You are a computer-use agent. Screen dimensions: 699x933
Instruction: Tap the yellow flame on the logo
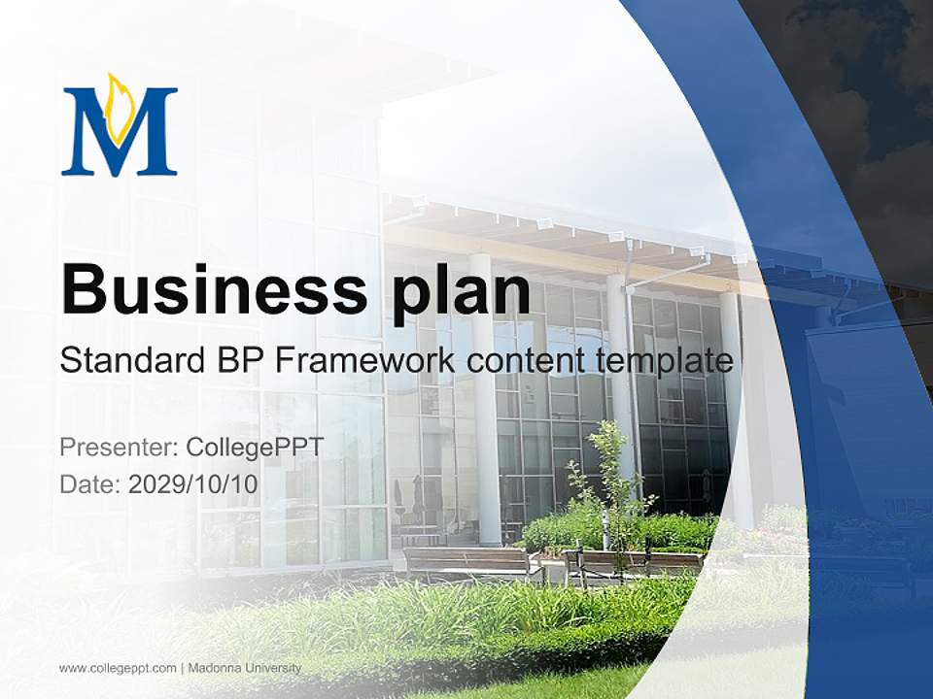coord(121,104)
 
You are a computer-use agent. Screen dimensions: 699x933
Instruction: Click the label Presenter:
coord(118,448)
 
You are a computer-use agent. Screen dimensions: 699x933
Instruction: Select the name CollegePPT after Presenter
coord(254,448)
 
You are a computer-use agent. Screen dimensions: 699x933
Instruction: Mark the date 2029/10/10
coord(193,483)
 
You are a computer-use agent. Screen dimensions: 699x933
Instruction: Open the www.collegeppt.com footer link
coord(117,668)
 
